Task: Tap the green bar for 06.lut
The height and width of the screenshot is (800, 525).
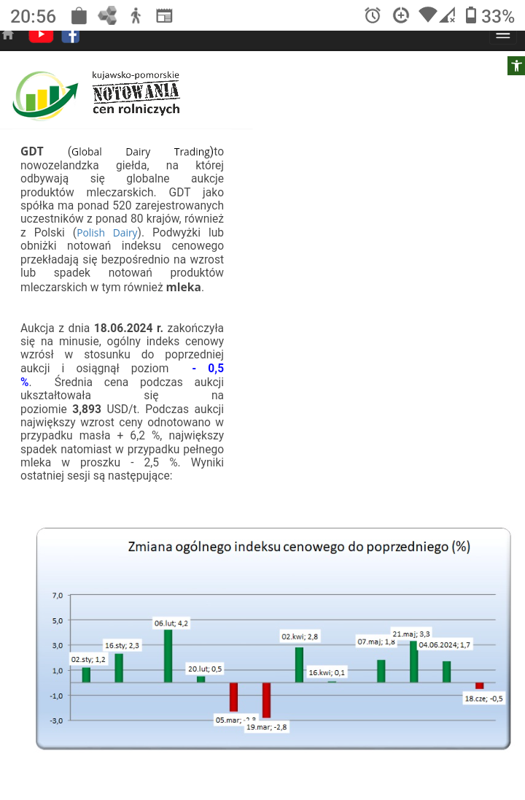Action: (168, 655)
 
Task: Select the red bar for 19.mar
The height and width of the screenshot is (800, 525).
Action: (266, 700)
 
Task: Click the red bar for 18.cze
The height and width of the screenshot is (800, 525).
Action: (479, 685)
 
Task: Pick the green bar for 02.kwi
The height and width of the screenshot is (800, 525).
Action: (299, 664)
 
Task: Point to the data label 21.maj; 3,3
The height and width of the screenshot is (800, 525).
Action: (411, 634)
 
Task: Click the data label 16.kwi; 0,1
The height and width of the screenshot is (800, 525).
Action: (327, 672)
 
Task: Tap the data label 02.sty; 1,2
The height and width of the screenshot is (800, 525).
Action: (88, 659)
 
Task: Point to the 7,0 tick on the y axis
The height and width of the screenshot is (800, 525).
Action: (58, 596)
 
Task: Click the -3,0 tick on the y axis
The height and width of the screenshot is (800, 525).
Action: (56, 720)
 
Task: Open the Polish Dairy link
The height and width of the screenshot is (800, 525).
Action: (107, 233)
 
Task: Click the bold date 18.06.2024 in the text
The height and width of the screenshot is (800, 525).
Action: (128, 328)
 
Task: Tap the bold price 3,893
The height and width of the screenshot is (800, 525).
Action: (87, 409)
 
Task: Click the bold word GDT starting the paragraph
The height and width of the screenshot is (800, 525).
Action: (32, 152)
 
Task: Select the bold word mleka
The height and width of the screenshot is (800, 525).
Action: (184, 287)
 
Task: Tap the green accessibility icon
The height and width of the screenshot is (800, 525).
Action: (516, 66)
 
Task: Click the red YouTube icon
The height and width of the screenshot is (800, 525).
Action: (41, 34)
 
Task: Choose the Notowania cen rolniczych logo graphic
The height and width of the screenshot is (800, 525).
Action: (96, 95)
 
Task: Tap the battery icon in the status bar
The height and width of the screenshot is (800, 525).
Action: (471, 15)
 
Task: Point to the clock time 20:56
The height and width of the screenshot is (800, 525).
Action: (34, 15)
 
